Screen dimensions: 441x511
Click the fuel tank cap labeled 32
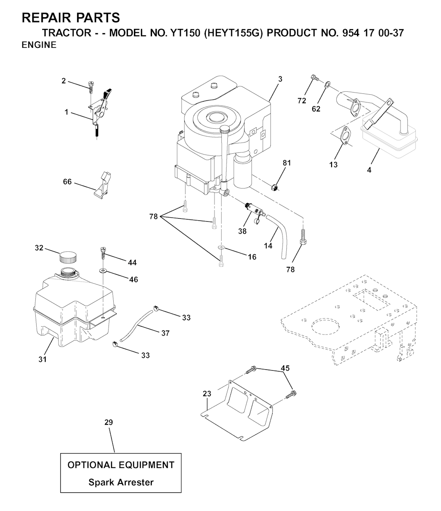tap(68, 257)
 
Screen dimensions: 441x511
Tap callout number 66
tap(67, 182)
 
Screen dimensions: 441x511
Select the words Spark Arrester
tap(121, 482)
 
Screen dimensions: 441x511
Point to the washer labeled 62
tap(327, 85)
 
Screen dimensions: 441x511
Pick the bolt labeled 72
tap(314, 78)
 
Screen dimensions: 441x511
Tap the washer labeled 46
tap(103, 270)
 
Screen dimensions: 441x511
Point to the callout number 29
tap(109, 422)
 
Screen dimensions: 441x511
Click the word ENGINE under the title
tap(39, 45)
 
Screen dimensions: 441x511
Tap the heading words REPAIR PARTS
tap(71, 18)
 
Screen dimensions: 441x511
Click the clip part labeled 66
tap(102, 184)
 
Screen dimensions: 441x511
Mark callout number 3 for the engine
tap(280, 79)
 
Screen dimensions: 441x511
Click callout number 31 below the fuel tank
tap(43, 359)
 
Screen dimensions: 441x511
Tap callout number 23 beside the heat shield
tap(207, 393)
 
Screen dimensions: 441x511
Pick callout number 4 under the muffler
tap(369, 170)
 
